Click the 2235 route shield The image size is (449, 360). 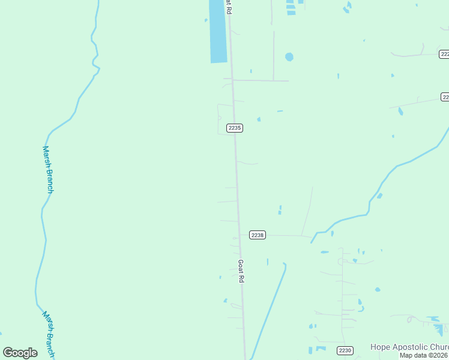point(235,128)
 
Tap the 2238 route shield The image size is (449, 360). point(257,235)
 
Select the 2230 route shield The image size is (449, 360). point(345,350)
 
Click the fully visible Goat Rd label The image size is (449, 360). point(241,271)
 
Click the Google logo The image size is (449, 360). point(20,353)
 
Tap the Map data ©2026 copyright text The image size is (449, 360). point(424,355)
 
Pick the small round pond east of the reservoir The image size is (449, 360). point(289,57)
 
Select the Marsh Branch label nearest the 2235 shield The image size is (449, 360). point(47,169)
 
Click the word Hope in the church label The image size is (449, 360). point(380,347)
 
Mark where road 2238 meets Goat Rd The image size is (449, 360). point(240,235)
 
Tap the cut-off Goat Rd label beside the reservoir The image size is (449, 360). point(228,7)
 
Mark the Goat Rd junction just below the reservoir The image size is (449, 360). point(232,80)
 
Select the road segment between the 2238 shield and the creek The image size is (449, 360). point(288,236)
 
